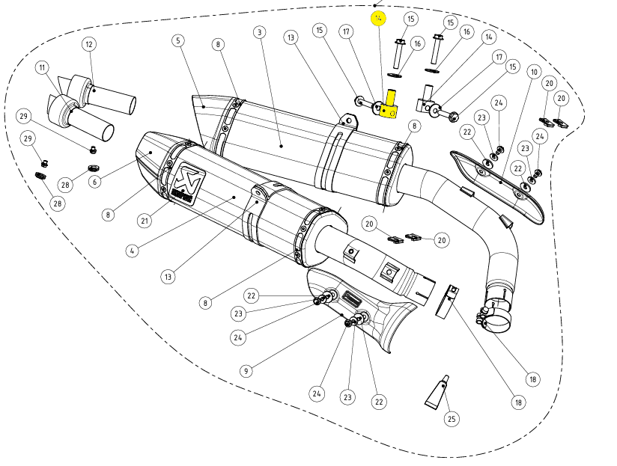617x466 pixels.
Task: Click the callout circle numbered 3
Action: (259, 32)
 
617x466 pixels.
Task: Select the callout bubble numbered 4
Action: (132, 251)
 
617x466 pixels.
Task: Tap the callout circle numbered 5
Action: (177, 40)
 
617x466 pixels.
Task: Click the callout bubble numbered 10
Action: (533, 72)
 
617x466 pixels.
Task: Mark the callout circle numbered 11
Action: (42, 67)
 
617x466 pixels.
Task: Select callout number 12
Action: (89, 44)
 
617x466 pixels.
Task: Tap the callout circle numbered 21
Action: (144, 219)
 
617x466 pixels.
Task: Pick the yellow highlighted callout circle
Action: (379, 17)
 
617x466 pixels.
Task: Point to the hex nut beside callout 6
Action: (94, 168)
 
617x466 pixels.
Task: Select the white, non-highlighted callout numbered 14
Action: (489, 37)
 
